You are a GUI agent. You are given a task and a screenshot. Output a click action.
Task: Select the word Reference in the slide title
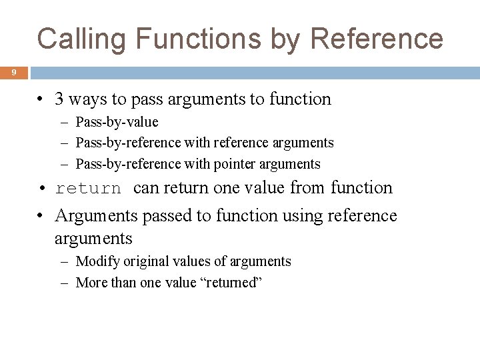click(377, 38)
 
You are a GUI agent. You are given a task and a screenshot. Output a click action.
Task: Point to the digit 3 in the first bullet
click(60, 99)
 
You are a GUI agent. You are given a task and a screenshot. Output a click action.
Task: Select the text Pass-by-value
click(117, 122)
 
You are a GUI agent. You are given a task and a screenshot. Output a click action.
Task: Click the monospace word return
click(89, 189)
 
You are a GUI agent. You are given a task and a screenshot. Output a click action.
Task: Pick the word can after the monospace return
click(147, 188)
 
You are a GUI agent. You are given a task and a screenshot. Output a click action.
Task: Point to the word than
click(123, 282)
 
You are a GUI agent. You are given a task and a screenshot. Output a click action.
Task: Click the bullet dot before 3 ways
click(41, 100)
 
